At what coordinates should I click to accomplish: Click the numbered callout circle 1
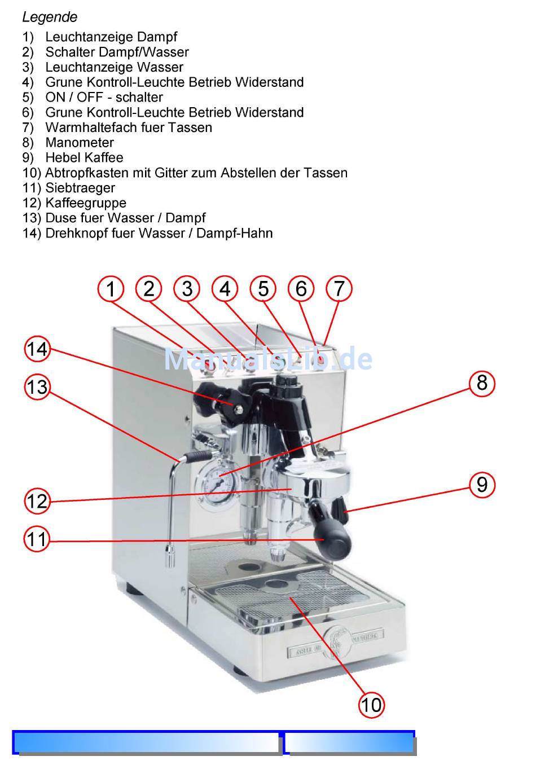tap(111, 289)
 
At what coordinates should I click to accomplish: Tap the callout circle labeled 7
tap(339, 289)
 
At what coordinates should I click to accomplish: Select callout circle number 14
tap(37, 349)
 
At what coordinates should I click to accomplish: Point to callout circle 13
tap(37, 387)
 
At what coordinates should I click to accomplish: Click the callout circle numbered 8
tap(482, 383)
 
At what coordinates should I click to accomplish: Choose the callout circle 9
tap(482, 484)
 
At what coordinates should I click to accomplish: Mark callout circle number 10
tap(371, 704)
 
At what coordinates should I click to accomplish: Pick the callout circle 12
tap(37, 501)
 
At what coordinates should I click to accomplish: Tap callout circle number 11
tap(37, 539)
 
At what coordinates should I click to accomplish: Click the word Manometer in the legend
tap(80, 143)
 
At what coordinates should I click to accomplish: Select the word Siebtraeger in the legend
tap(80, 188)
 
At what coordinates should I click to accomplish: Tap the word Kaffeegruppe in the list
tap(86, 203)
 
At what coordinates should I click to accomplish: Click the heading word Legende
tap(50, 17)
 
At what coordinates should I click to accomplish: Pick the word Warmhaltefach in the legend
tap(85, 128)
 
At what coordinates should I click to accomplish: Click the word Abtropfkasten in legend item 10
tap(87, 173)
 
